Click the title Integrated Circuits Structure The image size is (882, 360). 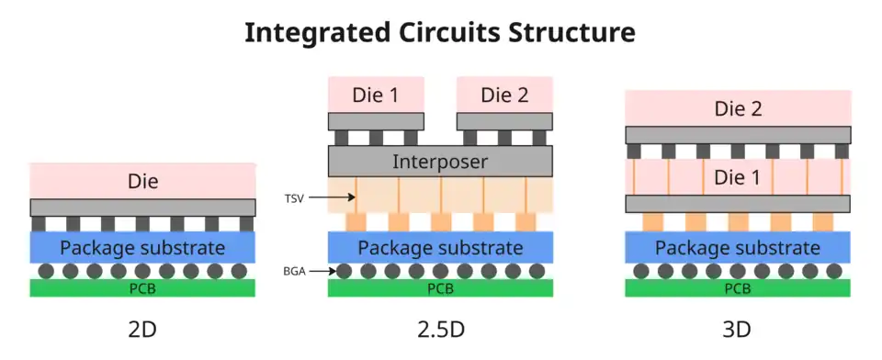coord(440,33)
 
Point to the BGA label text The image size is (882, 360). coord(295,272)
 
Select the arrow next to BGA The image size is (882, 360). coord(322,272)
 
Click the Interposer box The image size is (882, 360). coord(440,162)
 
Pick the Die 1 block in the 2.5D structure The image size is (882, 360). coord(376,95)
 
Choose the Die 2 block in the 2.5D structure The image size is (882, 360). coord(504,95)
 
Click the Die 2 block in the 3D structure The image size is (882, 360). coord(738,108)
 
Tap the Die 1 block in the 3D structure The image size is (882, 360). coord(738,177)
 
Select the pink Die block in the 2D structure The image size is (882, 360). coord(143,181)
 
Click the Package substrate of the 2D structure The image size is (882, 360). coord(143,248)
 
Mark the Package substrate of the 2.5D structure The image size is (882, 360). coord(440,248)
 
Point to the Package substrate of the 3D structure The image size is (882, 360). coord(738,248)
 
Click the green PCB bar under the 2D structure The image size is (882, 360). coord(143,288)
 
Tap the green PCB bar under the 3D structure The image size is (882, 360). coord(738,288)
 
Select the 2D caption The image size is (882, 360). coord(142,330)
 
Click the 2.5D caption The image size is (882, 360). coord(441,330)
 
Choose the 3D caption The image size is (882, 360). coord(737,330)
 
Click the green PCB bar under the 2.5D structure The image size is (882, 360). coord(440,288)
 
